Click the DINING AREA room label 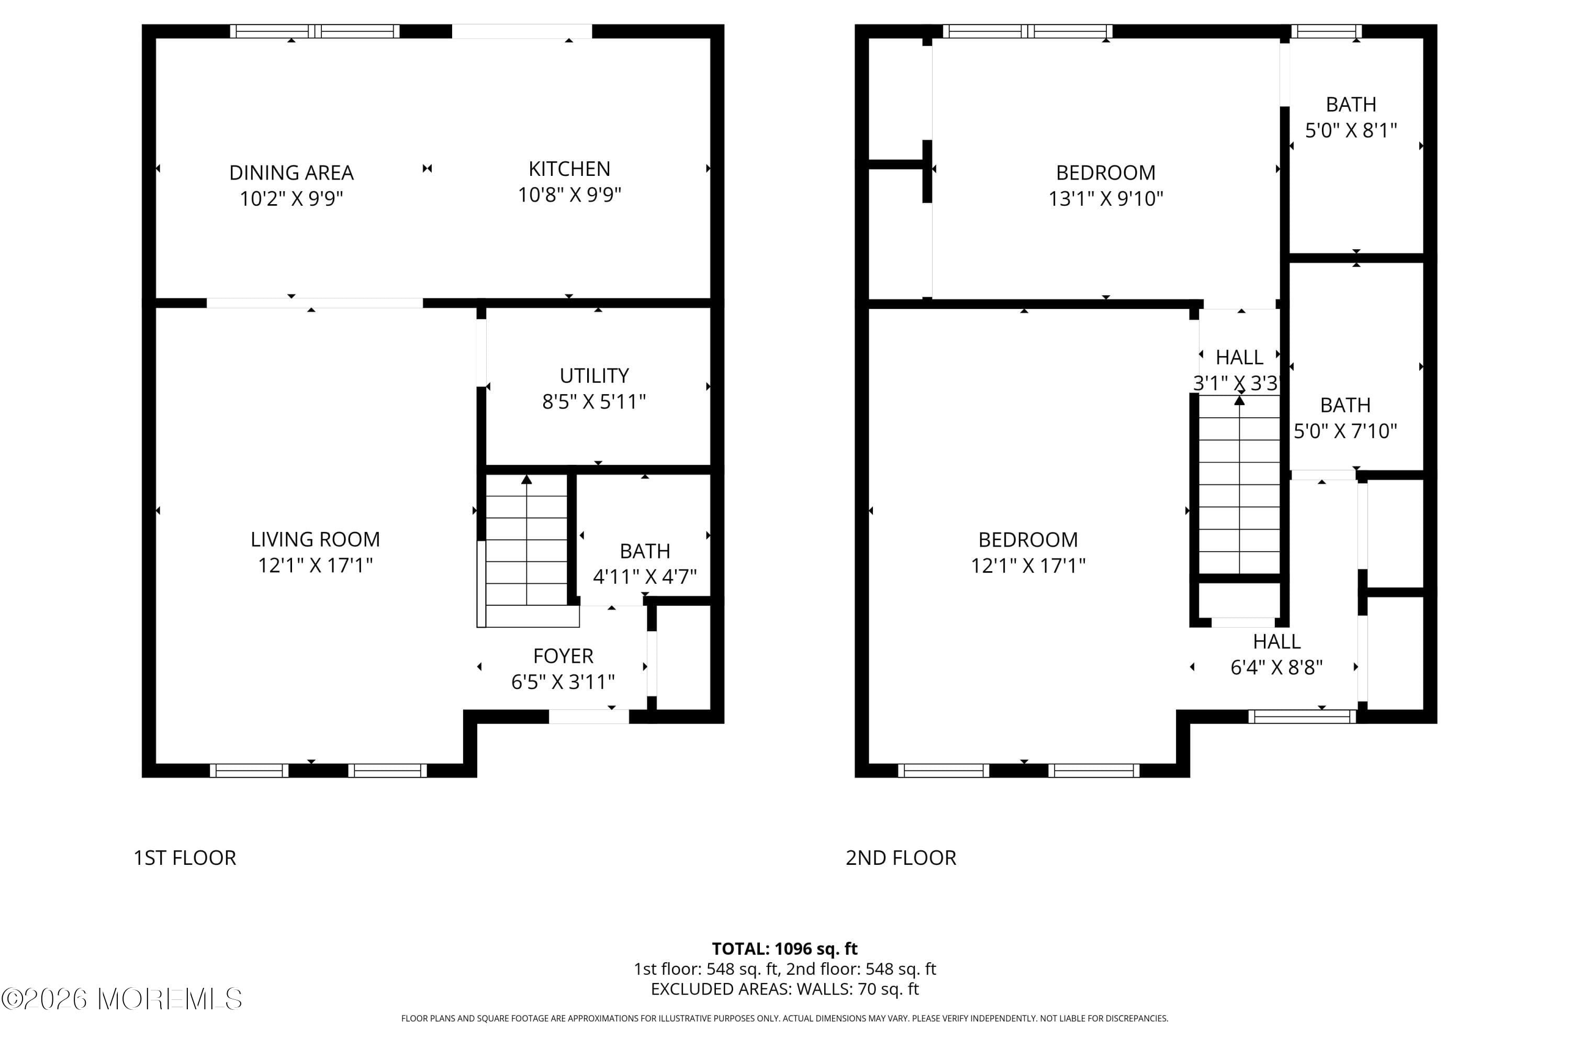coord(291,173)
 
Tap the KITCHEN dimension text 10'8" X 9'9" coord(569,195)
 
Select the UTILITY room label coord(594,376)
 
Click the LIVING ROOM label coord(315,540)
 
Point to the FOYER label coord(563,656)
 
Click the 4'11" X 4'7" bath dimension coord(644,577)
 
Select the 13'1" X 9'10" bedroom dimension coord(1105,199)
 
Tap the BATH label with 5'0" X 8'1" coord(1350,105)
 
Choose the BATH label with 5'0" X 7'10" coord(1345,405)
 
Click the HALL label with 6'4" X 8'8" coord(1276,642)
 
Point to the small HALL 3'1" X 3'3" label coord(1239,358)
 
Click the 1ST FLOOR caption coord(185,858)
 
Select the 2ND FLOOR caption coord(901,858)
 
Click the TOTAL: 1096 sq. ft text coord(784,949)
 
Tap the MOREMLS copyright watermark coord(121,999)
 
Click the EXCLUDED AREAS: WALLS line coord(784,989)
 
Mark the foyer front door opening coord(589,717)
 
